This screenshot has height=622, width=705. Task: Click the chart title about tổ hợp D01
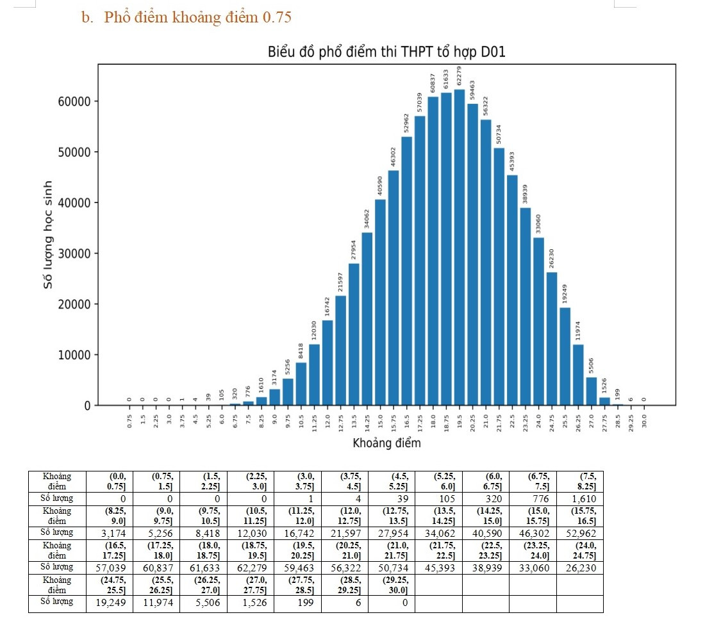tap(386, 52)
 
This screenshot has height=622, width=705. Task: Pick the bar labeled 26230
tap(552, 339)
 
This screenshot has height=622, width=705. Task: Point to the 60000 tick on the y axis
tap(76, 101)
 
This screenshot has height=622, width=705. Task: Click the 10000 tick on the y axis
tap(76, 355)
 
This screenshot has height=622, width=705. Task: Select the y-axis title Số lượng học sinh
tap(48, 234)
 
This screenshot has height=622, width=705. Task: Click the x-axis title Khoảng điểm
tap(386, 443)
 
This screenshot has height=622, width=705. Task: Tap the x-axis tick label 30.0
tap(644, 421)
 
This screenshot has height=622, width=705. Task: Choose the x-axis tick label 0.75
tap(129, 421)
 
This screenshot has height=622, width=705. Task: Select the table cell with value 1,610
tap(579, 499)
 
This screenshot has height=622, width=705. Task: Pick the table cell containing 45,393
tap(438, 567)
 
